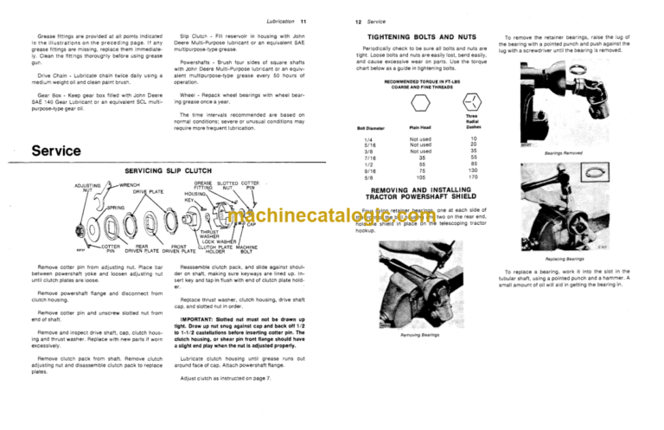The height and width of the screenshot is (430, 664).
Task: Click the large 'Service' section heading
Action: [57, 151]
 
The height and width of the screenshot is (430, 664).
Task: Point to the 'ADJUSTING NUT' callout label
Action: [87, 188]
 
